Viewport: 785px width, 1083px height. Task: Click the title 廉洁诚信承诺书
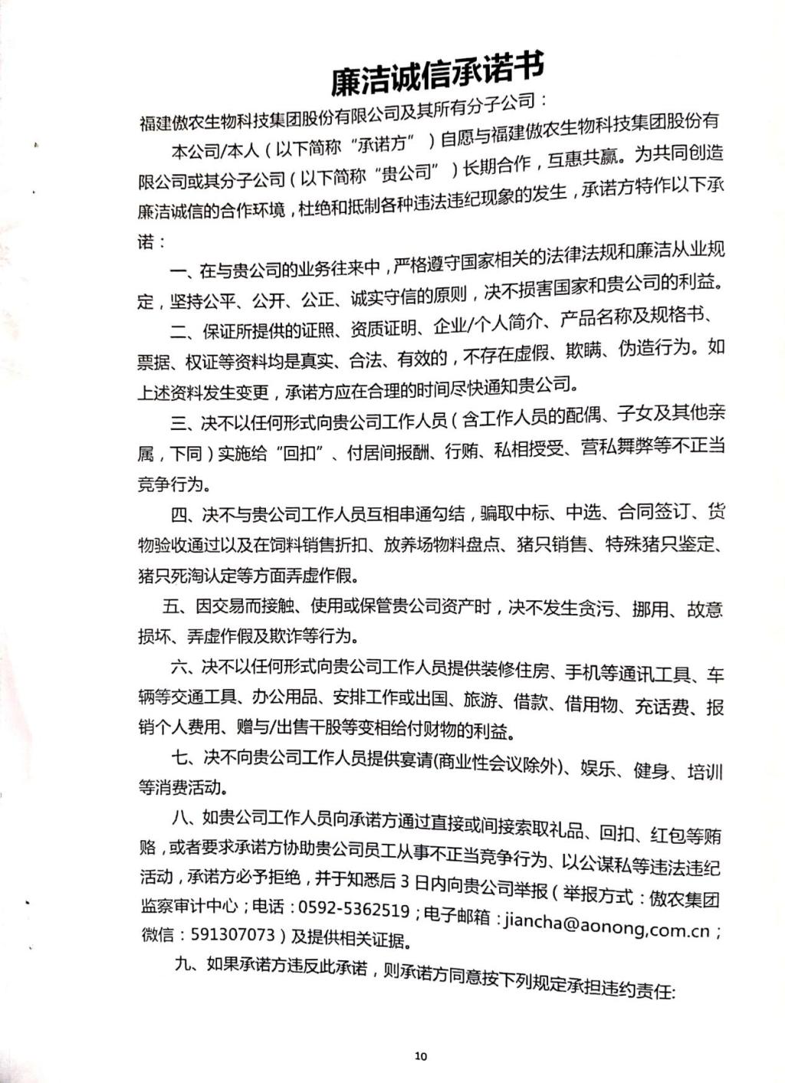click(436, 74)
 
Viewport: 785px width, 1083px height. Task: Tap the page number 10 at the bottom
click(420, 1056)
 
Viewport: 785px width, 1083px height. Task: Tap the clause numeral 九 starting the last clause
click(182, 964)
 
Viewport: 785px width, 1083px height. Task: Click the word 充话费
click(661, 707)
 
